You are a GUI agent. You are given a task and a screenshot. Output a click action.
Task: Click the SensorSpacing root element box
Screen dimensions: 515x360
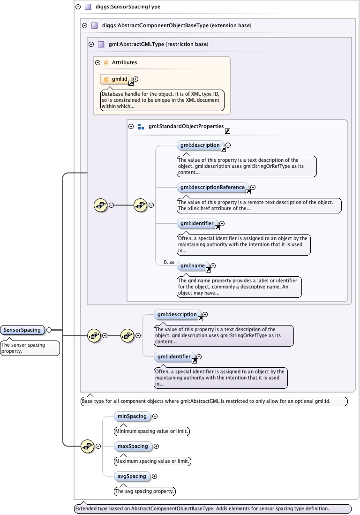tap(22, 330)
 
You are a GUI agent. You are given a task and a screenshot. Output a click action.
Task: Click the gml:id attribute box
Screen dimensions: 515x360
tap(116, 79)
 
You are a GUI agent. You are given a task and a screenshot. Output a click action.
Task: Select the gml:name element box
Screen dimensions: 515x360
tap(193, 265)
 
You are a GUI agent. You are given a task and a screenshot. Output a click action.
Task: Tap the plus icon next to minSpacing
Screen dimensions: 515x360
tap(155, 416)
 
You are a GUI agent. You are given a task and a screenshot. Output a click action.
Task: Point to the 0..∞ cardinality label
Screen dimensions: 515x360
tap(169, 262)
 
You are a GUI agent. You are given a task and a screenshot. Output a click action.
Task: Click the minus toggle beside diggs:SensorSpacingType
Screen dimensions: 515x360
tap(77, 7)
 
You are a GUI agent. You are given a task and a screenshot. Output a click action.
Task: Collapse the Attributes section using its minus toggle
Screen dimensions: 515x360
tap(98, 62)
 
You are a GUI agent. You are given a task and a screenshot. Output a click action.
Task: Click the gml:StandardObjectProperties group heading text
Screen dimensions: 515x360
tap(186, 126)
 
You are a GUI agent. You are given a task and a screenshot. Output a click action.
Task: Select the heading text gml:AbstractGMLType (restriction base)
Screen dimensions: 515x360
tap(158, 44)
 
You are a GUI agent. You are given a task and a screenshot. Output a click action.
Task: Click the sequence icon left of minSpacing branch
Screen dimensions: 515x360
tap(87, 446)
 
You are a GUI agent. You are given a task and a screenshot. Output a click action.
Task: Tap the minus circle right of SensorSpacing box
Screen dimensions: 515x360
tap(49, 330)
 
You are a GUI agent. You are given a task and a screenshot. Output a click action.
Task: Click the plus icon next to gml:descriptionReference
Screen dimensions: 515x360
tap(253, 187)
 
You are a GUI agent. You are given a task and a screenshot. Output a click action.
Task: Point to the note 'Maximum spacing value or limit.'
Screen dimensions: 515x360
tap(153, 462)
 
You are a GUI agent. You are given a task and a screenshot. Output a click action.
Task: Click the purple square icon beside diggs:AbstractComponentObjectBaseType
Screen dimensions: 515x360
tap(94, 25)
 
